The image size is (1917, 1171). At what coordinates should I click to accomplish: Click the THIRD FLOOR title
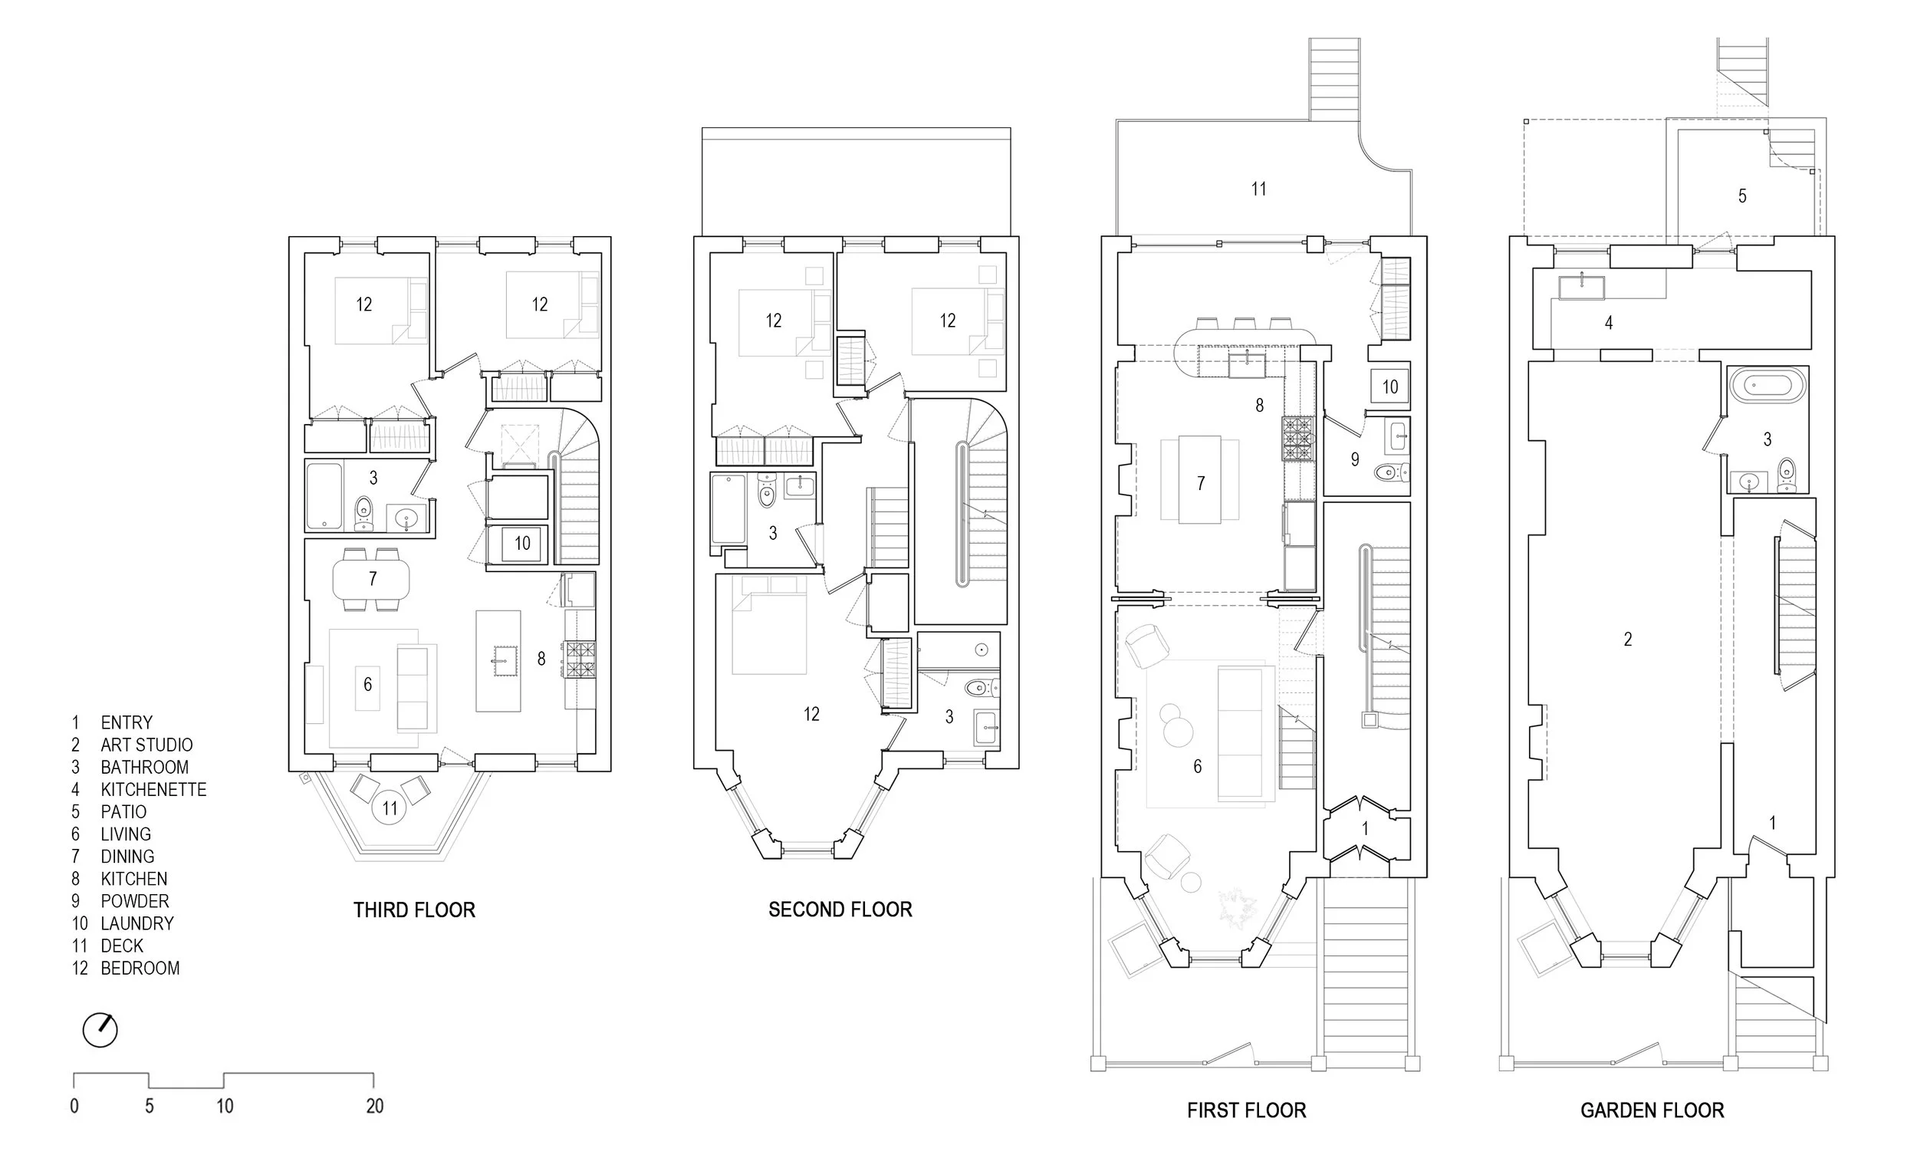coord(414,909)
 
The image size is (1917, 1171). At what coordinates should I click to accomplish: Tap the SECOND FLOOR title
coord(840,909)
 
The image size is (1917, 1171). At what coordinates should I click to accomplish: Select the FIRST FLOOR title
coord(1246,1110)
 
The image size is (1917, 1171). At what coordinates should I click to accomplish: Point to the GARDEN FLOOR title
coord(1652,1110)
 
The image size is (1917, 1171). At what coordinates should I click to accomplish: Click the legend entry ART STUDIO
coord(146,745)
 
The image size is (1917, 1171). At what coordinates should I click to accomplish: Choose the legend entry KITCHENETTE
coord(153,790)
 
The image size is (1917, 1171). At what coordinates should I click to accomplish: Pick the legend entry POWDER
coord(135,901)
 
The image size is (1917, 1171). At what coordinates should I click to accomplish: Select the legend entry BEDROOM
coord(140,969)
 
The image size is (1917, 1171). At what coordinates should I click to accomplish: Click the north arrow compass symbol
coord(100,1030)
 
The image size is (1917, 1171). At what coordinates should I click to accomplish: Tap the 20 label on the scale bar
coord(375,1107)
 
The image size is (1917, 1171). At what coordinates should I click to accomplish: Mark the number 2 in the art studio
coord(1628,639)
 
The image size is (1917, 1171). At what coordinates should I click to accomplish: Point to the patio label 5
coord(1742,196)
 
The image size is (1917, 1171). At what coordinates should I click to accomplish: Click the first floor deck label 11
coord(1258,189)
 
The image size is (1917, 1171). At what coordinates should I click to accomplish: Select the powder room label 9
coord(1354,460)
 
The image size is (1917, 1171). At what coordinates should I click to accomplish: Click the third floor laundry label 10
coord(522,543)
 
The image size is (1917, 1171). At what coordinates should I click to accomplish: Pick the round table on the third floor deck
coord(390,808)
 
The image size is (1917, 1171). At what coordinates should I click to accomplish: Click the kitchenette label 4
coord(1608,322)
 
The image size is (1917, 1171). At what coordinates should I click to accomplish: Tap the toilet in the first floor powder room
coord(1390,472)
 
